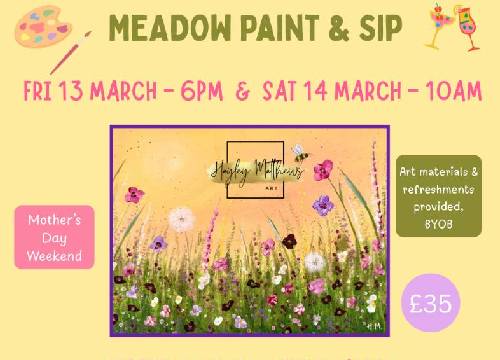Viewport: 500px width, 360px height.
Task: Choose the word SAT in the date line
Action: pyautogui.click(x=282, y=92)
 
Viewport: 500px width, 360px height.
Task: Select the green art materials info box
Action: pyautogui.click(x=437, y=194)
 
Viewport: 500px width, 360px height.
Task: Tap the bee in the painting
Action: pyautogui.click(x=299, y=154)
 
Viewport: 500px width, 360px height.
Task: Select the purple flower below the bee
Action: pyautogui.click(x=322, y=204)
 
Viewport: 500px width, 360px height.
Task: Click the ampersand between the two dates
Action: pyautogui.click(x=242, y=92)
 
